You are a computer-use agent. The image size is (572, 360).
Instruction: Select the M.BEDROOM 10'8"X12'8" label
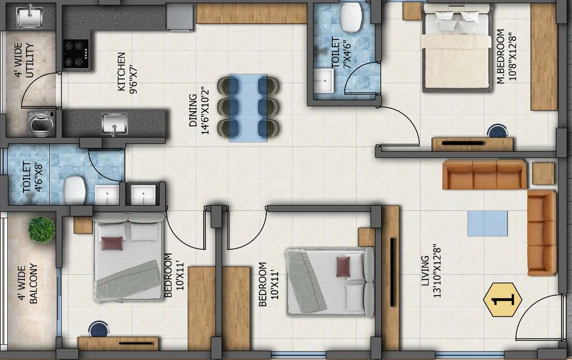tap(507, 56)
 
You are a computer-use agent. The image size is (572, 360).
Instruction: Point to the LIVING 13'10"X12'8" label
tap(431, 271)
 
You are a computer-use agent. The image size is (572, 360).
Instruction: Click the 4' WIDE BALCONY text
tap(28, 283)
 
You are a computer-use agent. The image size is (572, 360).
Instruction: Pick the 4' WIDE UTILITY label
tap(24, 60)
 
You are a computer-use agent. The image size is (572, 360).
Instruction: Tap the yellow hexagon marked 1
tap(502, 300)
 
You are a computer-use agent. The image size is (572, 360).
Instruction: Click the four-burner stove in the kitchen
tap(76, 54)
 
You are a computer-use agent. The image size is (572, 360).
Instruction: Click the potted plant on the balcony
tap(41, 229)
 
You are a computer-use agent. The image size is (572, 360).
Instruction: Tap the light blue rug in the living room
tap(488, 223)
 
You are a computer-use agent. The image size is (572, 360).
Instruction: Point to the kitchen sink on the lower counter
tap(115, 123)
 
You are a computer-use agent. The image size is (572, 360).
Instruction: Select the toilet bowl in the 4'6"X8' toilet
tap(75, 190)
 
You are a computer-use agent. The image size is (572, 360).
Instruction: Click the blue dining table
tap(248, 108)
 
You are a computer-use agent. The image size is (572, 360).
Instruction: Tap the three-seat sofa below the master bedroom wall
tap(484, 175)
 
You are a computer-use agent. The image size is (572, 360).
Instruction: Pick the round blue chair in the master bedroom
tap(498, 131)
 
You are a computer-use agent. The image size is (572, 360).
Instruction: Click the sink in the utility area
tap(30, 17)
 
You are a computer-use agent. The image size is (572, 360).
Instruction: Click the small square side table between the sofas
tap(543, 173)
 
